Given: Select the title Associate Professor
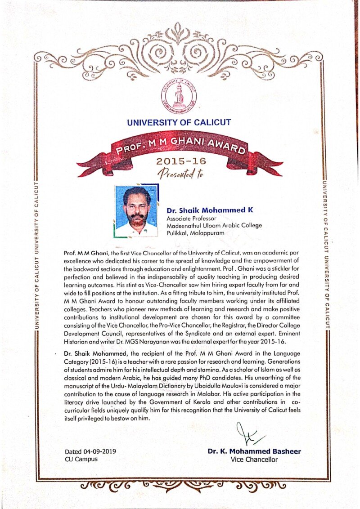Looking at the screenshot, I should click(190, 218).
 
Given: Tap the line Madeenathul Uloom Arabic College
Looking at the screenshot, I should click(214, 226).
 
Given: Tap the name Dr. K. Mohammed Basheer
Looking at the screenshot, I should click(254, 451).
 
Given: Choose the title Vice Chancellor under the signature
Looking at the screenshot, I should click(254, 460).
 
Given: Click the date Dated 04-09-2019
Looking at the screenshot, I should click(90, 451).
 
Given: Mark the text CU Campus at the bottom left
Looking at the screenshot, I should click(81, 459).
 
